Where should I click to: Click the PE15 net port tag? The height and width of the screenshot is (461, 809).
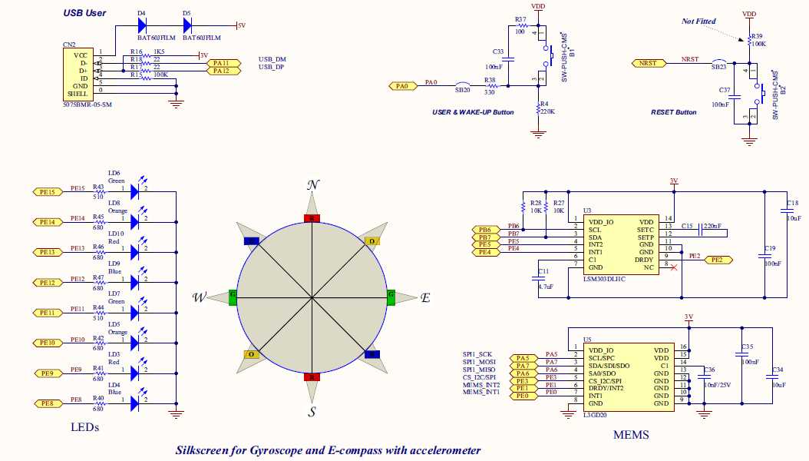pos(48,192)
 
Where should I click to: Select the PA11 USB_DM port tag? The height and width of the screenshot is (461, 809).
pos(222,62)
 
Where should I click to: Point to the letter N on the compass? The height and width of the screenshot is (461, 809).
pos(312,184)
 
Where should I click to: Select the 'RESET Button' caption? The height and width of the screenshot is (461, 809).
pos(673,112)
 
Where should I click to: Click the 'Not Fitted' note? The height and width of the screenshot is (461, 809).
pos(699,22)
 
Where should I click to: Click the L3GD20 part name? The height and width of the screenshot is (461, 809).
pos(596,415)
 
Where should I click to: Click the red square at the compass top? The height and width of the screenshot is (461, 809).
pos(312,218)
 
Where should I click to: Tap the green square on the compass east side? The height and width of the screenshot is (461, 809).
pos(391,294)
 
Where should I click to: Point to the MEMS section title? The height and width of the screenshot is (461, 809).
pos(631,435)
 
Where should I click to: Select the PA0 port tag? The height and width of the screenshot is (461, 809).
pos(402,86)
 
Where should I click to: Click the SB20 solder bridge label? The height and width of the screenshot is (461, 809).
pos(463,91)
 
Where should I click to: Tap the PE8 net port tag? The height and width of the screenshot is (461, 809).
pos(48,403)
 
